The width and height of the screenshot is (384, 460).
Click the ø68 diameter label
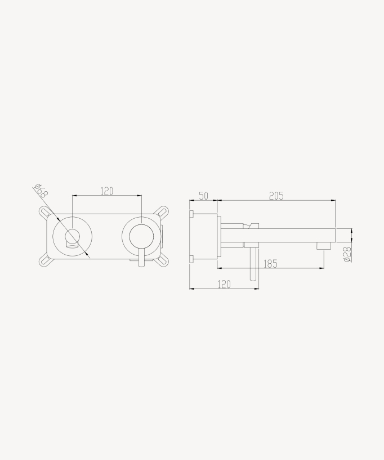41,191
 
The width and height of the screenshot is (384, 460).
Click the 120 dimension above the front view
106,191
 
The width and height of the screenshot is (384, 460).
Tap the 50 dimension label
203,196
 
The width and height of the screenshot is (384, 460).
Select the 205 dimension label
276,196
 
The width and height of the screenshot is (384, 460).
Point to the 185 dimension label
270,264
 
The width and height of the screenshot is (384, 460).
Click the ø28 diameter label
347,254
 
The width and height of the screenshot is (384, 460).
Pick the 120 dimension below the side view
224,285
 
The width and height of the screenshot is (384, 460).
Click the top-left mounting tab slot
45,213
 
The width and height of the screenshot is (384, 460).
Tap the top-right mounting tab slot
162,213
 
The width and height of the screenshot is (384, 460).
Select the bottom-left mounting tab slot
45,260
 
